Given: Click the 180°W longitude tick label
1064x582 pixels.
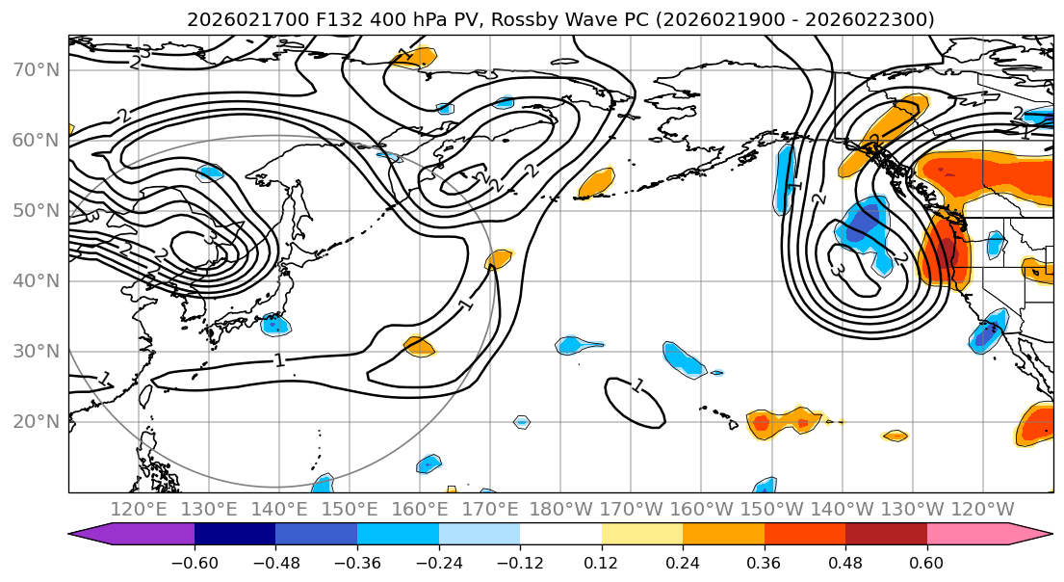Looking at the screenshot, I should point(559,509).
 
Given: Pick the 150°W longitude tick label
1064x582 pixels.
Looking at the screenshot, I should point(770,509).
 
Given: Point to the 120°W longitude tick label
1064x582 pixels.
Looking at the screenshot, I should point(981,509).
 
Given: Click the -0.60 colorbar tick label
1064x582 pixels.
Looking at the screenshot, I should point(194,563).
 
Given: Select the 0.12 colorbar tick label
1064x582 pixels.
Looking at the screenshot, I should point(601,563).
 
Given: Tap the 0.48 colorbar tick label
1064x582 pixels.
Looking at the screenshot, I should point(845,563).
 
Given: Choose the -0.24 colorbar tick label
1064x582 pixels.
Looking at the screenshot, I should point(438,563).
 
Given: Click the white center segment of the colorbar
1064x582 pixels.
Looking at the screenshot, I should point(560,534).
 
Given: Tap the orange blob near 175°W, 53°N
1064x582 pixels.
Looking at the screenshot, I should point(597,181).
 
